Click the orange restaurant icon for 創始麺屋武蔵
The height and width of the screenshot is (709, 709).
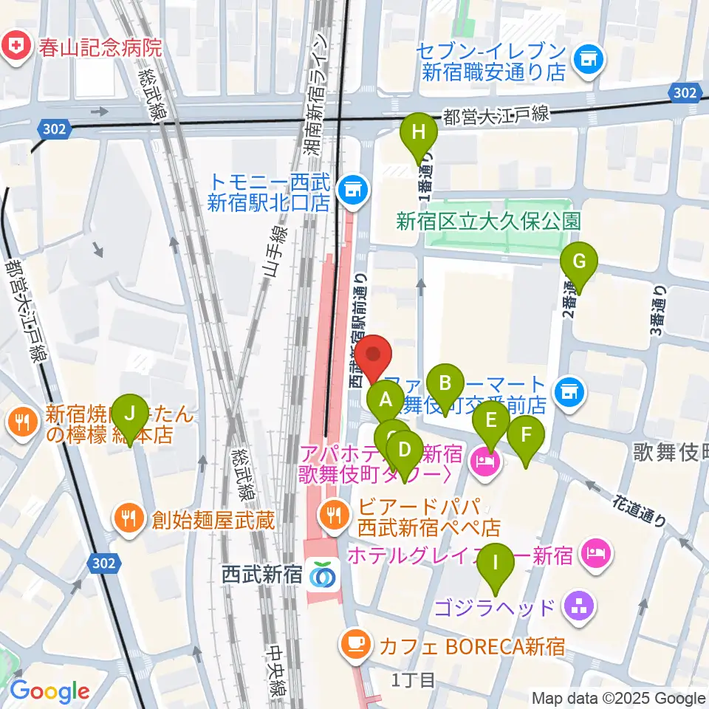tap(129, 518)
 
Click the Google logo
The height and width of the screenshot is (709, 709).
tap(49, 692)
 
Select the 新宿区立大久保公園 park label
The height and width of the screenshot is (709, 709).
tap(488, 221)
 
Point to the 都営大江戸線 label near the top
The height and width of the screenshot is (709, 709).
tap(496, 114)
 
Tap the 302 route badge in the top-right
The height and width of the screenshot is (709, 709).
tap(684, 92)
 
